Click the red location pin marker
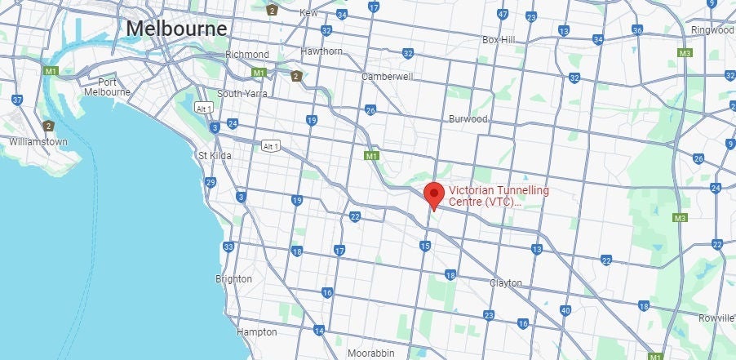click(x=435, y=196)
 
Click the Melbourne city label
click(x=176, y=29)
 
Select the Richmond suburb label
click(x=247, y=55)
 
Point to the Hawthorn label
click(x=321, y=51)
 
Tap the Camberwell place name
click(x=388, y=77)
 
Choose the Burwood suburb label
click(x=468, y=118)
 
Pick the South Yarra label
click(x=243, y=93)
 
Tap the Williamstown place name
click(x=38, y=141)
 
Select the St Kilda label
click(x=215, y=155)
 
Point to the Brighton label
click(x=233, y=279)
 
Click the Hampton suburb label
click(x=256, y=332)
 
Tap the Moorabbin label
click(x=371, y=353)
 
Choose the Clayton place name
click(x=505, y=283)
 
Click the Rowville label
click(x=717, y=318)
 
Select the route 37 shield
click(x=16, y=100)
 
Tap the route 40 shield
click(x=565, y=310)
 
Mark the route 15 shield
click(x=424, y=246)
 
